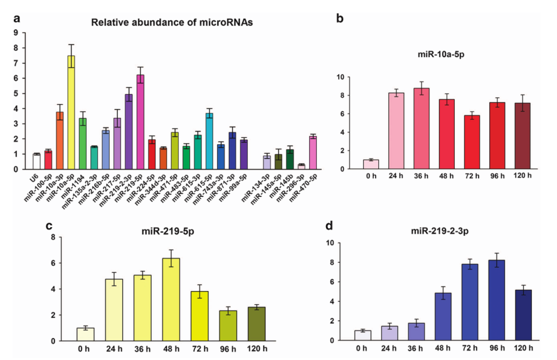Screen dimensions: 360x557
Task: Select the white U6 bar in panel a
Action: [x=36, y=162]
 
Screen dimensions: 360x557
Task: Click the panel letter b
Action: [x=340, y=18]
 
